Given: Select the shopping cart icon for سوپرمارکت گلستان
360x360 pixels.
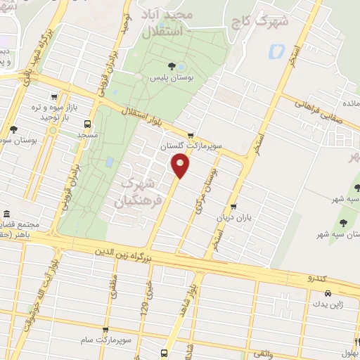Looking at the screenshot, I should pos(191,135).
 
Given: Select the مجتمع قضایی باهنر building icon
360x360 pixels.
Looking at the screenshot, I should pos(6,214).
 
